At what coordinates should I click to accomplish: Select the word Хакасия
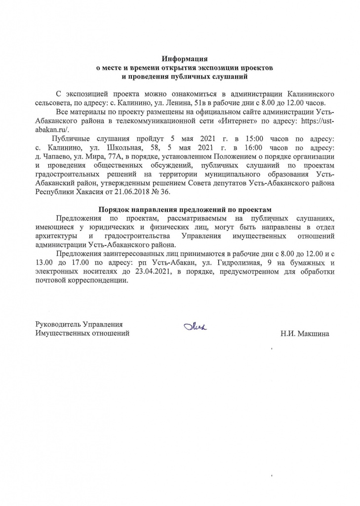click(98, 192)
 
